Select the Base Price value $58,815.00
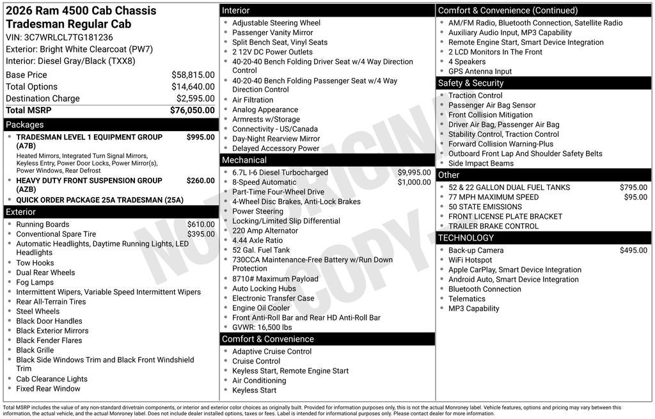[x=193, y=75]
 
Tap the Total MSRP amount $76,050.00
[x=192, y=110]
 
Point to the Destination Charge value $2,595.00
[x=195, y=99]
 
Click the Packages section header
[x=25, y=125]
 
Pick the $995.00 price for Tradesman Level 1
[x=200, y=137]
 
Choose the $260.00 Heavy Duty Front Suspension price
[x=200, y=180]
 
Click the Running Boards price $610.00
[x=201, y=225]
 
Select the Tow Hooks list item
[x=35, y=263]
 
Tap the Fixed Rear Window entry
[x=48, y=388]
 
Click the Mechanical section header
[x=244, y=160]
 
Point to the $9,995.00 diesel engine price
[x=414, y=173]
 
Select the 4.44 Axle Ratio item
[x=257, y=241]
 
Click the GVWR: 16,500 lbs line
[x=262, y=327]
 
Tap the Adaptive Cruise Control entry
[x=272, y=351]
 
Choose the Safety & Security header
[x=470, y=83]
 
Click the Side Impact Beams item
[x=480, y=163]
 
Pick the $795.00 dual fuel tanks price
[x=633, y=187]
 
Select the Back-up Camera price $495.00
[x=633, y=250]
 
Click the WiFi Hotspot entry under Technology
[x=470, y=260]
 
